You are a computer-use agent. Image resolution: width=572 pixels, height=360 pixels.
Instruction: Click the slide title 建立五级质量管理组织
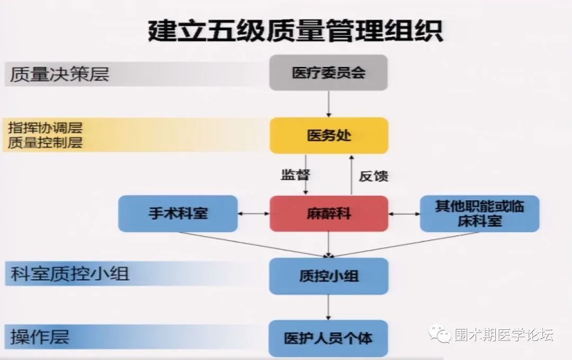click(x=295, y=31)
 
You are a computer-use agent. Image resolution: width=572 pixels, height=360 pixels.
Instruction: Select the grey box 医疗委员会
click(x=328, y=73)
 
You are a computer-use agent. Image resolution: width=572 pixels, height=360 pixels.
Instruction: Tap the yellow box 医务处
click(x=329, y=136)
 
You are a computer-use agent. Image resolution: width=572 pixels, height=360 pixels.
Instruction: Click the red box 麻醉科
click(x=329, y=213)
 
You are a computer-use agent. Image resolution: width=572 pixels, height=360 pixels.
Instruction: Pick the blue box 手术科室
click(x=178, y=213)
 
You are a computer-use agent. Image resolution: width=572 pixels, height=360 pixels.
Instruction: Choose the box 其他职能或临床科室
click(x=479, y=213)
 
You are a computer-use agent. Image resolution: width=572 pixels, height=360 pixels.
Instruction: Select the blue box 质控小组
click(x=329, y=276)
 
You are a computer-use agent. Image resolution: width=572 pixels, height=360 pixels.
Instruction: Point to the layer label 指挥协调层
click(x=46, y=128)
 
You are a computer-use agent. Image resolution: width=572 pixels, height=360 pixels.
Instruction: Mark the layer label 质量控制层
click(x=46, y=142)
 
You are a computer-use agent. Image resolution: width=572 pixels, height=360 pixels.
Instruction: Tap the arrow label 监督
click(x=295, y=175)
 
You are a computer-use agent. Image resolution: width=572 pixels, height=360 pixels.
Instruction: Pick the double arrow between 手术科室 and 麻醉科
click(x=254, y=213)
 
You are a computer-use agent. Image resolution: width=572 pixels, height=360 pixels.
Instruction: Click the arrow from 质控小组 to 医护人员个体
click(x=329, y=307)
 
